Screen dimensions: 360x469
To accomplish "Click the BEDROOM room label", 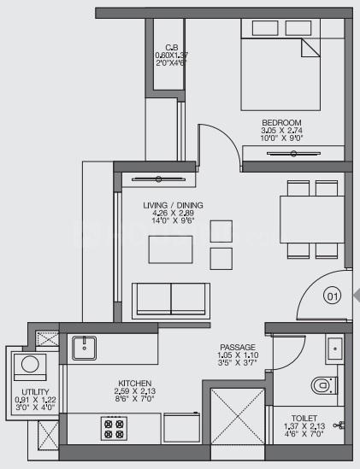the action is click(x=281, y=123).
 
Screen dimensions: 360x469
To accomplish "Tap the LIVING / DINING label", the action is click(x=173, y=206).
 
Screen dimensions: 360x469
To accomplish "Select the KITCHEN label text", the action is click(x=135, y=384).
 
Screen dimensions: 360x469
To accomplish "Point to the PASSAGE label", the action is click(x=238, y=347).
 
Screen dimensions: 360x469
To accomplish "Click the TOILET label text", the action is click(x=304, y=418).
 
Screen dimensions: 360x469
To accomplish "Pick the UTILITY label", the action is click(x=35, y=392).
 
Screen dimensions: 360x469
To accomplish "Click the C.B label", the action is click(x=172, y=47).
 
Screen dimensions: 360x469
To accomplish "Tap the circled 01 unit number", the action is click(x=333, y=296).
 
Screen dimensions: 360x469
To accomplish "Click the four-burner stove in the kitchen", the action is click(x=114, y=428).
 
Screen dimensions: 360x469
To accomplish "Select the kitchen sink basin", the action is click(x=84, y=348).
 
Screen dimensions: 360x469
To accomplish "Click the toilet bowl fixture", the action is click(x=324, y=385).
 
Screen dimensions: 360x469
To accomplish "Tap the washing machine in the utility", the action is click(x=30, y=367).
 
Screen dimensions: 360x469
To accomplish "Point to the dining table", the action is click(x=312, y=220).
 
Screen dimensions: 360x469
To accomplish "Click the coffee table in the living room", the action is click(x=170, y=249).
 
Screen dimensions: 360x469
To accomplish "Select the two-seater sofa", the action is click(x=171, y=301).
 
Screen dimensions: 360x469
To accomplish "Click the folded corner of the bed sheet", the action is click(x=310, y=48).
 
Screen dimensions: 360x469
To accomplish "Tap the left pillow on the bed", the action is click(x=265, y=28).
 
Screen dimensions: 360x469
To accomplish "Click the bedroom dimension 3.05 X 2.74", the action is click(x=281, y=131).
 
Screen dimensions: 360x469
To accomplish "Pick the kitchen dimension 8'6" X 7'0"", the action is click(x=135, y=399).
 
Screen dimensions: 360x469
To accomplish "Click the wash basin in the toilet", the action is click(x=335, y=349).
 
